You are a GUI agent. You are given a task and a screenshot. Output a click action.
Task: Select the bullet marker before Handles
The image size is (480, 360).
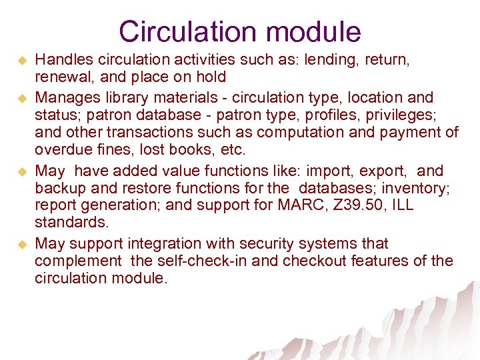coord(21,61)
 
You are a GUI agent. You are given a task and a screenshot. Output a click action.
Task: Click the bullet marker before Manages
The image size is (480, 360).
coord(21,98)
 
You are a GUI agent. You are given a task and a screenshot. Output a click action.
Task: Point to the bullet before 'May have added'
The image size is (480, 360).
coord(21,171)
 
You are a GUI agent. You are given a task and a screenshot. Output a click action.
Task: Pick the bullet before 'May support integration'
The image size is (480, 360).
coord(21,245)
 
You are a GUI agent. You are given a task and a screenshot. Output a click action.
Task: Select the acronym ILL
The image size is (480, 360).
coord(400,205)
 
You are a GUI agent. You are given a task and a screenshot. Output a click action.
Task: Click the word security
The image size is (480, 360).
coord(261,244)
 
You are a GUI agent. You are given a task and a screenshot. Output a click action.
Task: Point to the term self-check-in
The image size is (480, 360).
coord(181,261)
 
